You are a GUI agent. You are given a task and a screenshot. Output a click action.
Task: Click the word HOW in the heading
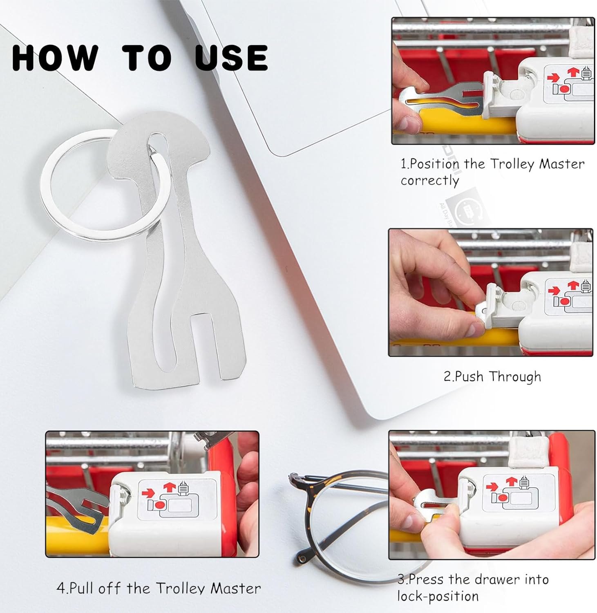pos(56,57)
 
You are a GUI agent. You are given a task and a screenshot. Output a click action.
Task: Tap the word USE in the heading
pos(231,57)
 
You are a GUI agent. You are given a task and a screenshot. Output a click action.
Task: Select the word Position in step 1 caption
pos(435,164)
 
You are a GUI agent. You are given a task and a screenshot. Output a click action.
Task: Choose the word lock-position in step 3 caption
pos(438,596)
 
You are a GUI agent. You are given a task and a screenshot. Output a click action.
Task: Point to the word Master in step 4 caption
pos(236,588)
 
